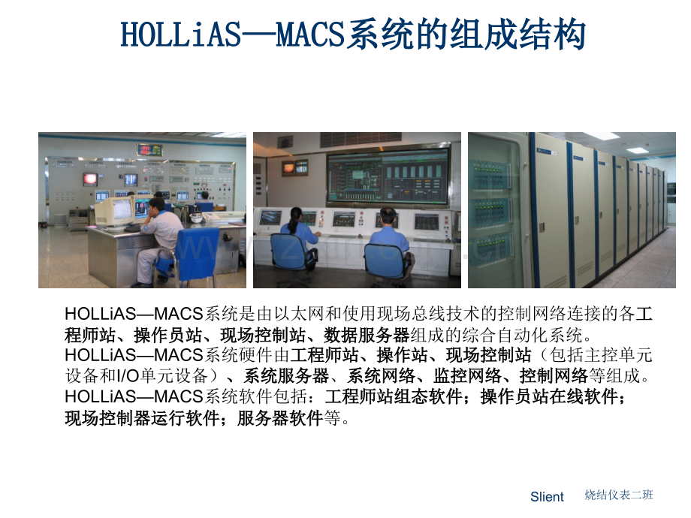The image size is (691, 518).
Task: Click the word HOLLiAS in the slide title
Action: point(181,35)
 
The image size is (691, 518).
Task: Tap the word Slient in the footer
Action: point(547,497)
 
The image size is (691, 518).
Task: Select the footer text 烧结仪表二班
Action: point(619,495)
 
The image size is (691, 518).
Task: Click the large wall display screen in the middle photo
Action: point(388,176)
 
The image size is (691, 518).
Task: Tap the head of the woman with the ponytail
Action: point(296,215)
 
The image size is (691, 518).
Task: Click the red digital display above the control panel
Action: point(149,150)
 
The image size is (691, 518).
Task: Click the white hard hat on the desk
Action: point(196,218)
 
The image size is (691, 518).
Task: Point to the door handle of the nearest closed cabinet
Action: point(542,227)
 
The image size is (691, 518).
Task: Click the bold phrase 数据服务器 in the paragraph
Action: point(367,336)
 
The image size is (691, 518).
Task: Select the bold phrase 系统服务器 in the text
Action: point(286,375)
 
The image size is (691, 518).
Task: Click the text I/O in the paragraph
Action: point(128,376)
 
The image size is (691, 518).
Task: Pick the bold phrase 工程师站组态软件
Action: point(394,396)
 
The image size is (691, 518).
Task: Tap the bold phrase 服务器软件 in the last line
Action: point(280,418)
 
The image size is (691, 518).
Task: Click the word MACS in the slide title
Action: point(310,35)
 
